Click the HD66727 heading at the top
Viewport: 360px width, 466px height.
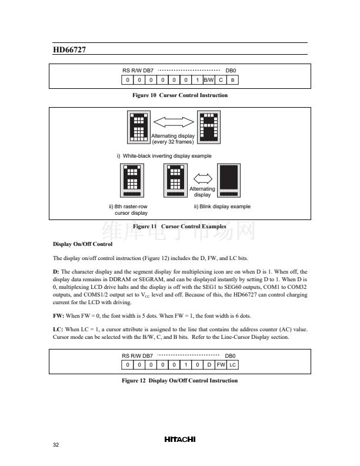click(69, 50)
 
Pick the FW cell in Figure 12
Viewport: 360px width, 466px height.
click(221, 365)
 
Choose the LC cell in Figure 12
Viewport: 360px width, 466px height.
click(233, 365)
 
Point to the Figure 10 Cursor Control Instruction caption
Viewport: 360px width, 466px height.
click(180, 95)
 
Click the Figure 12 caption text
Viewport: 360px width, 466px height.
click(180, 381)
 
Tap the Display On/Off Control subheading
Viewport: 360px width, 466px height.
click(82, 244)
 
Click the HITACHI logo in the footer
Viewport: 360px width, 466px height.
click(179, 439)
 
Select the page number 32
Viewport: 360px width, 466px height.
click(56, 444)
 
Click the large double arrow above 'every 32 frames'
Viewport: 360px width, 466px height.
click(173, 122)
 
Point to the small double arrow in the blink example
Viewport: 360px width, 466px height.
click(202, 177)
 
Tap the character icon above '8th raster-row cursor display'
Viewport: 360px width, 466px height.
click(131, 179)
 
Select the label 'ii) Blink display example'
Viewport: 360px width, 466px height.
click(222, 207)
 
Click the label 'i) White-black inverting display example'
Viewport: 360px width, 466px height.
click(164, 155)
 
